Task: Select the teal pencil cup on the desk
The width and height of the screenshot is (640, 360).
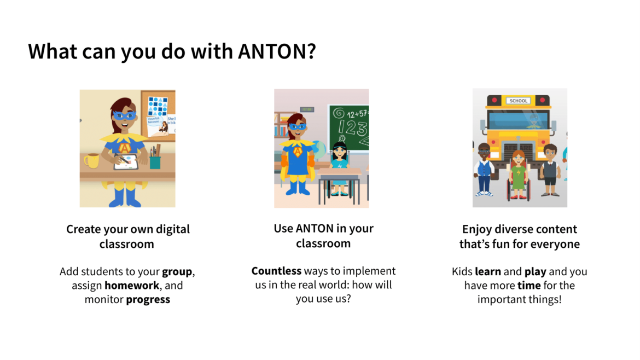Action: (155, 162)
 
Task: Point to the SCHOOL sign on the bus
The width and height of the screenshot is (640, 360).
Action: (518, 101)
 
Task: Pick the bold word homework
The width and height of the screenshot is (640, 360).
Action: (131, 286)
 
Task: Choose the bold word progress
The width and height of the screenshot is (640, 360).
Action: (148, 300)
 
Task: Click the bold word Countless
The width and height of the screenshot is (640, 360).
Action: (276, 271)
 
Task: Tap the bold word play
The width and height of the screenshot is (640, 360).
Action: (536, 272)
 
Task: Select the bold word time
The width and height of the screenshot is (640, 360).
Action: (529, 286)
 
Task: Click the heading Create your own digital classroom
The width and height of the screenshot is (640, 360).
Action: (127, 236)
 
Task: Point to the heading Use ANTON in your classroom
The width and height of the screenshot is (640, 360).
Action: (323, 236)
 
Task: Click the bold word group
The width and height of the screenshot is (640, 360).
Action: (177, 272)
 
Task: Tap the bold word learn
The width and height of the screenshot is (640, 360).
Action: (488, 272)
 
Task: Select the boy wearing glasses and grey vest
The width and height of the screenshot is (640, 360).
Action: (550, 169)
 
